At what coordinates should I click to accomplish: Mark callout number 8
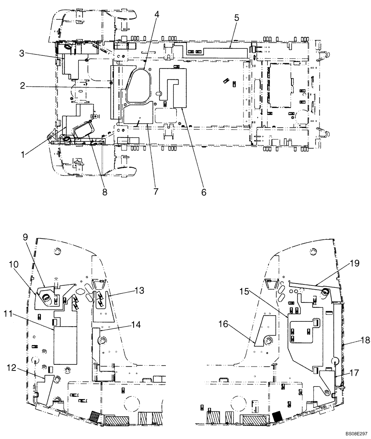click(x=105, y=192)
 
